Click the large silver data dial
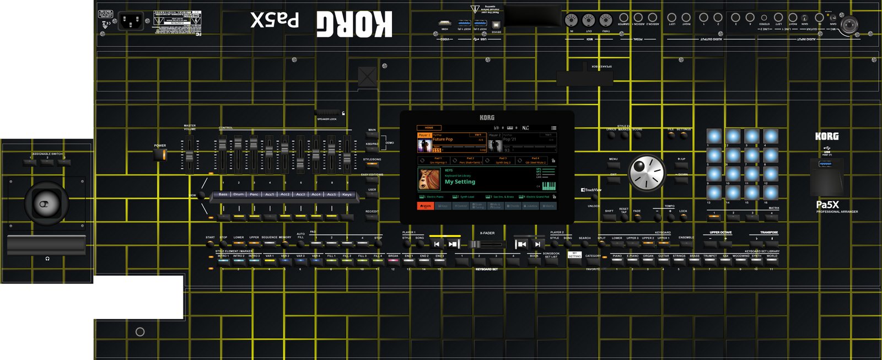pyautogui.click(x=647, y=173)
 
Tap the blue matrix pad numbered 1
pyautogui.click(x=714, y=136)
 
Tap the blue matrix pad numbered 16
pyautogui.click(x=771, y=192)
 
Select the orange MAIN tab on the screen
pyautogui.click(x=425, y=206)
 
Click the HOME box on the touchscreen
pyautogui.click(x=429, y=128)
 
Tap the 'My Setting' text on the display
pyautogui.click(x=460, y=182)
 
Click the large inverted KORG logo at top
pyautogui.click(x=354, y=24)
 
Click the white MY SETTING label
pyautogui.click(x=574, y=255)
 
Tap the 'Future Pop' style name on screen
pyautogui.click(x=443, y=139)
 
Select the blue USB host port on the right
pyautogui.click(x=826, y=164)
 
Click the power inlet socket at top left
pyautogui.click(x=131, y=22)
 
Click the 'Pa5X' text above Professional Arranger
pyautogui.click(x=827, y=205)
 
